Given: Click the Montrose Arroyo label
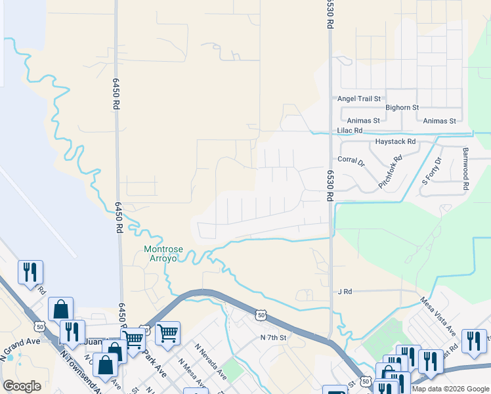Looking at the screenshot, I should click(x=160, y=254).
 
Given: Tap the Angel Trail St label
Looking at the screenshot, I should click(x=359, y=99).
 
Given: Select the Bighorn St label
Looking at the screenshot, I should click(x=402, y=108).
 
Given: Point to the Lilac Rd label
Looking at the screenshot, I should click(x=350, y=131).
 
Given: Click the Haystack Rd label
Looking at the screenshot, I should click(x=395, y=141).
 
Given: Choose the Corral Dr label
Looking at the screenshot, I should click(x=351, y=160).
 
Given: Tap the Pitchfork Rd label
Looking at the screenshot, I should click(x=390, y=173).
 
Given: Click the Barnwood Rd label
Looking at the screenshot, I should click(x=465, y=169).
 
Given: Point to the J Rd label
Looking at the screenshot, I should click(x=345, y=291).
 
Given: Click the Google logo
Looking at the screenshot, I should click(x=22, y=386).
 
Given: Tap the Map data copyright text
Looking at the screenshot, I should click(x=450, y=389).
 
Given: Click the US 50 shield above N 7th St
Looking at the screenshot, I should click(x=261, y=316).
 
